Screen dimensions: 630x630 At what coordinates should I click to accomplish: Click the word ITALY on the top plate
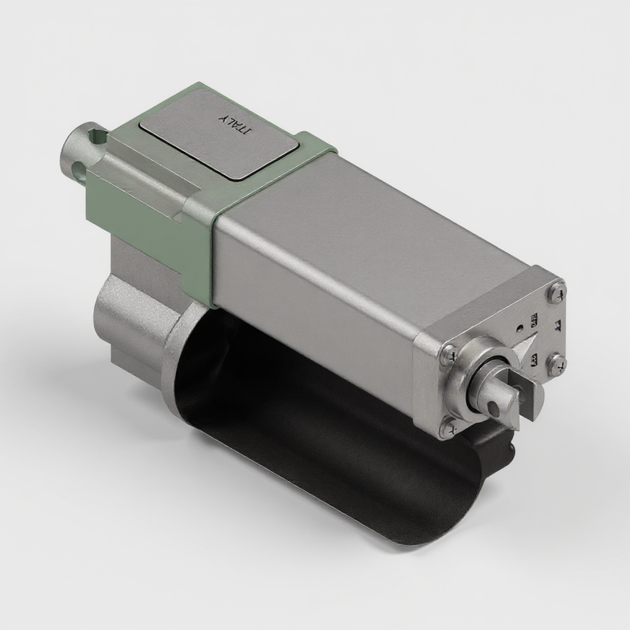pos(236,124)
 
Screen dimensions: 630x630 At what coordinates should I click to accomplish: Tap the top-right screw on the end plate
pos(557,291)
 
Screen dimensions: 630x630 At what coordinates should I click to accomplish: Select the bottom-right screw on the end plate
pos(557,365)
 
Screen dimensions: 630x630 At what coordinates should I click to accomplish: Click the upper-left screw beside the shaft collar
pos(449,354)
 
